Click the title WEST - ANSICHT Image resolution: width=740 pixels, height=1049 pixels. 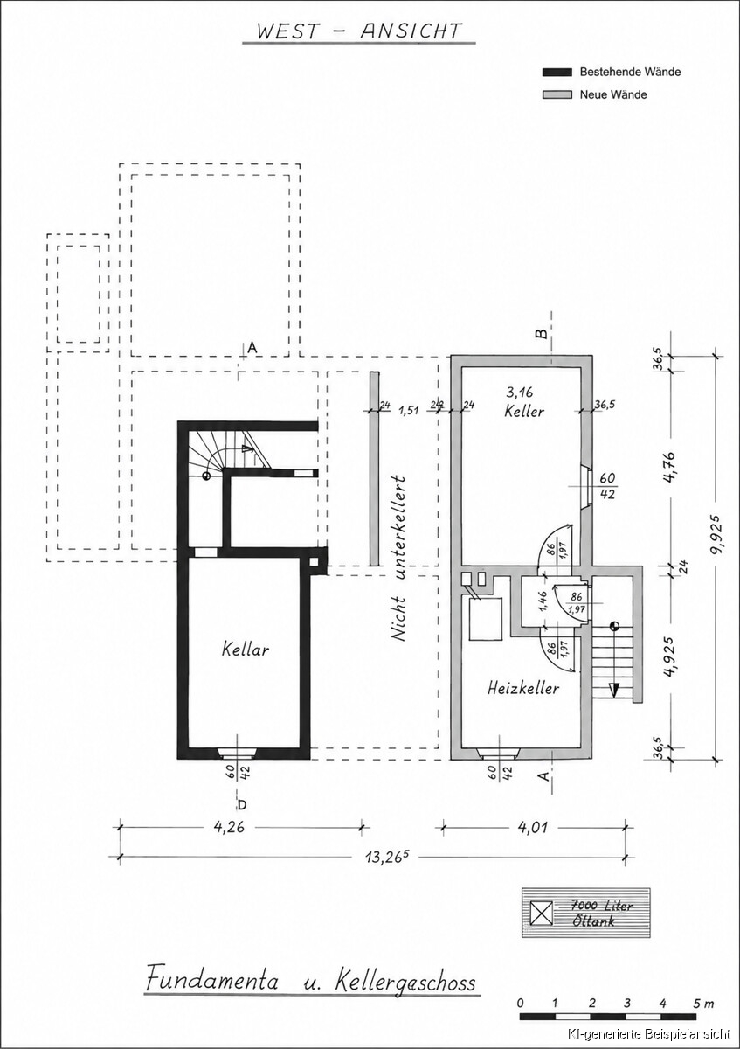359,31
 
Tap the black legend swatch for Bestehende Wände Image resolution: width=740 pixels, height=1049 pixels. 557,72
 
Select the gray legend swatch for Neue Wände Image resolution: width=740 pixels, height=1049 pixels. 557,94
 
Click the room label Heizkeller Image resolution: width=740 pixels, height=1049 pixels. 523,688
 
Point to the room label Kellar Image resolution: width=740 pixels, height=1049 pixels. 246,650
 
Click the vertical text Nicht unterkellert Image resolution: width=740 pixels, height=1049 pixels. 398,559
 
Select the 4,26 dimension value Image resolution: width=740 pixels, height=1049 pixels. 229,827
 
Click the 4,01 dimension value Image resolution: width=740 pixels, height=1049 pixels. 532,827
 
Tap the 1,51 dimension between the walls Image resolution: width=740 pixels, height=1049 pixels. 410,410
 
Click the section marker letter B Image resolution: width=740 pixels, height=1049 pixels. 542,333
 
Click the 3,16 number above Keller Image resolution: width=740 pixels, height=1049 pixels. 520,392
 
